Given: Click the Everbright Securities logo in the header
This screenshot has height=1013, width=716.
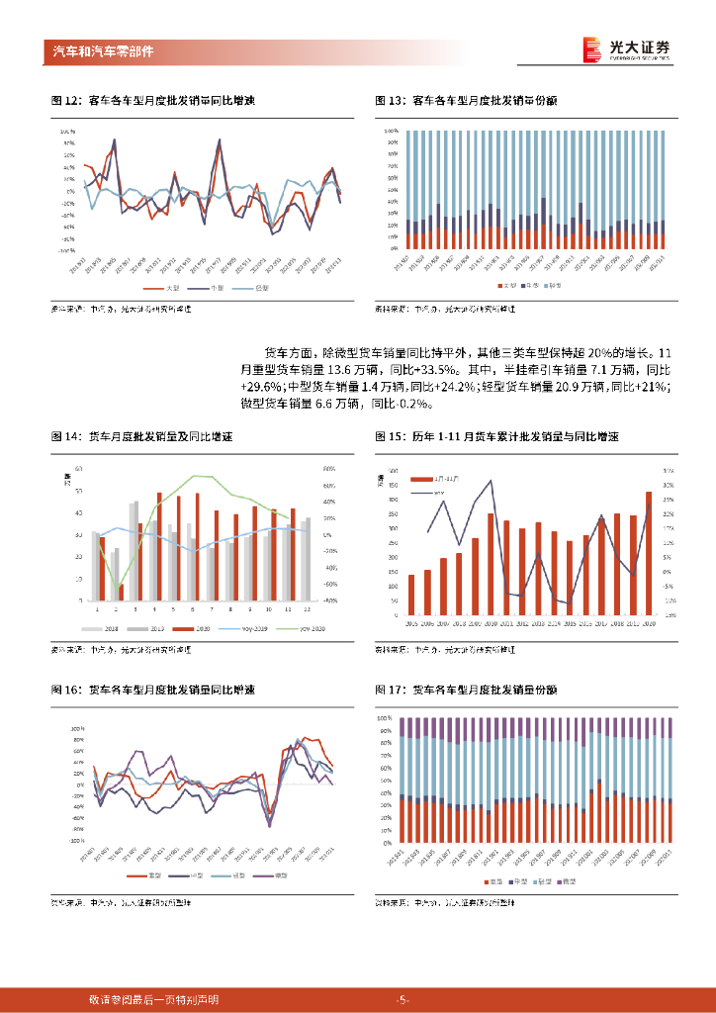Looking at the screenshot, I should click(626, 50).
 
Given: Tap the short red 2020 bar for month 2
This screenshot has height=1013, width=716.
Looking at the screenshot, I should click(121, 593).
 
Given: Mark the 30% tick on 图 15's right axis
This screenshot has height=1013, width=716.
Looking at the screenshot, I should click(669, 486).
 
